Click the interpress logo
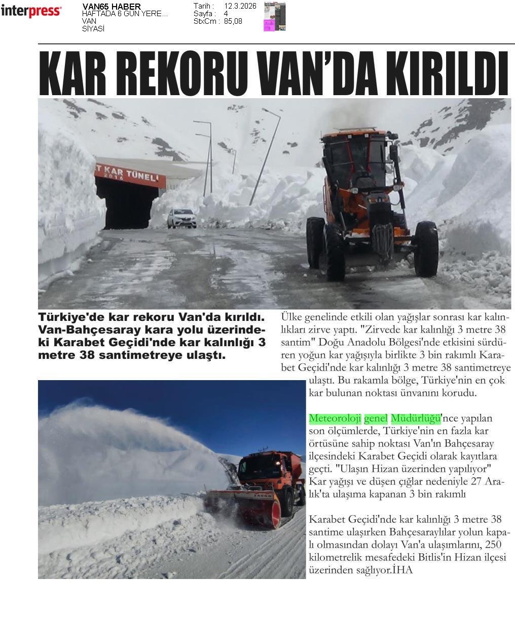pos(31,11)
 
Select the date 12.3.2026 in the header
pos(240,6)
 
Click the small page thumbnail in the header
pos(275,17)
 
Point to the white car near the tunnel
pos(181,218)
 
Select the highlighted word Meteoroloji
pos(335,419)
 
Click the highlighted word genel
pos(376,419)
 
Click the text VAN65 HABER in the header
pos(112,7)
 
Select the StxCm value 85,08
pos(233,21)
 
